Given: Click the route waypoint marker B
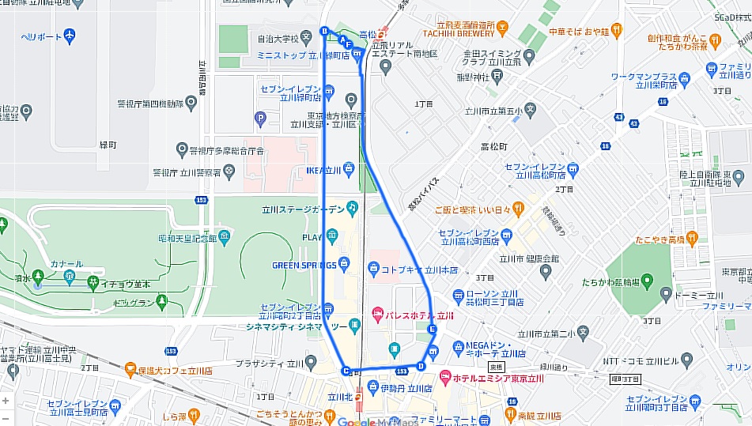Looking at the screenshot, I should point(323,31).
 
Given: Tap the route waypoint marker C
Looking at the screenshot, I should point(346,371).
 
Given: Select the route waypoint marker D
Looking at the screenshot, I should point(421,366).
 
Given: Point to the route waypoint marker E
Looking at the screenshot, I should point(431,329).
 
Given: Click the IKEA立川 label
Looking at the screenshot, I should point(323,170).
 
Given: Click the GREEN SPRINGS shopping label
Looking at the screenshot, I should point(304,265).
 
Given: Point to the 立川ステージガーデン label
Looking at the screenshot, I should point(304,209).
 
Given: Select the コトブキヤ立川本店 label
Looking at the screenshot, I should point(418,270).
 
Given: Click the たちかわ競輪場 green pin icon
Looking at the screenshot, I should point(646,279).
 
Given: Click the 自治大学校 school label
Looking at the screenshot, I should point(278,37).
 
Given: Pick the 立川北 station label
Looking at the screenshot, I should point(343,397).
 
